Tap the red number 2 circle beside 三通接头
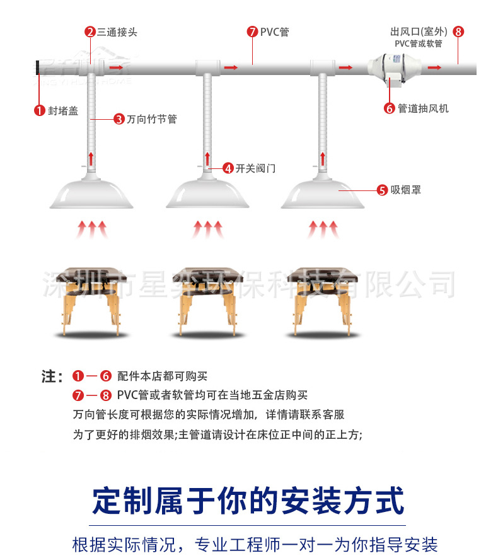90,32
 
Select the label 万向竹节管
151,119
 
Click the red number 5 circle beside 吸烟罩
382,189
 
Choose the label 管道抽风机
423,108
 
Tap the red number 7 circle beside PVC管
252,32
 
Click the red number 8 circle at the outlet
458,32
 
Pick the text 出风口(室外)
419,32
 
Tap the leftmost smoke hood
91,192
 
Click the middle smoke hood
207,192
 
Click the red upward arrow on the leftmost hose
91,158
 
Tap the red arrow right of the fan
434,66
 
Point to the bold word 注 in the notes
50,377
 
